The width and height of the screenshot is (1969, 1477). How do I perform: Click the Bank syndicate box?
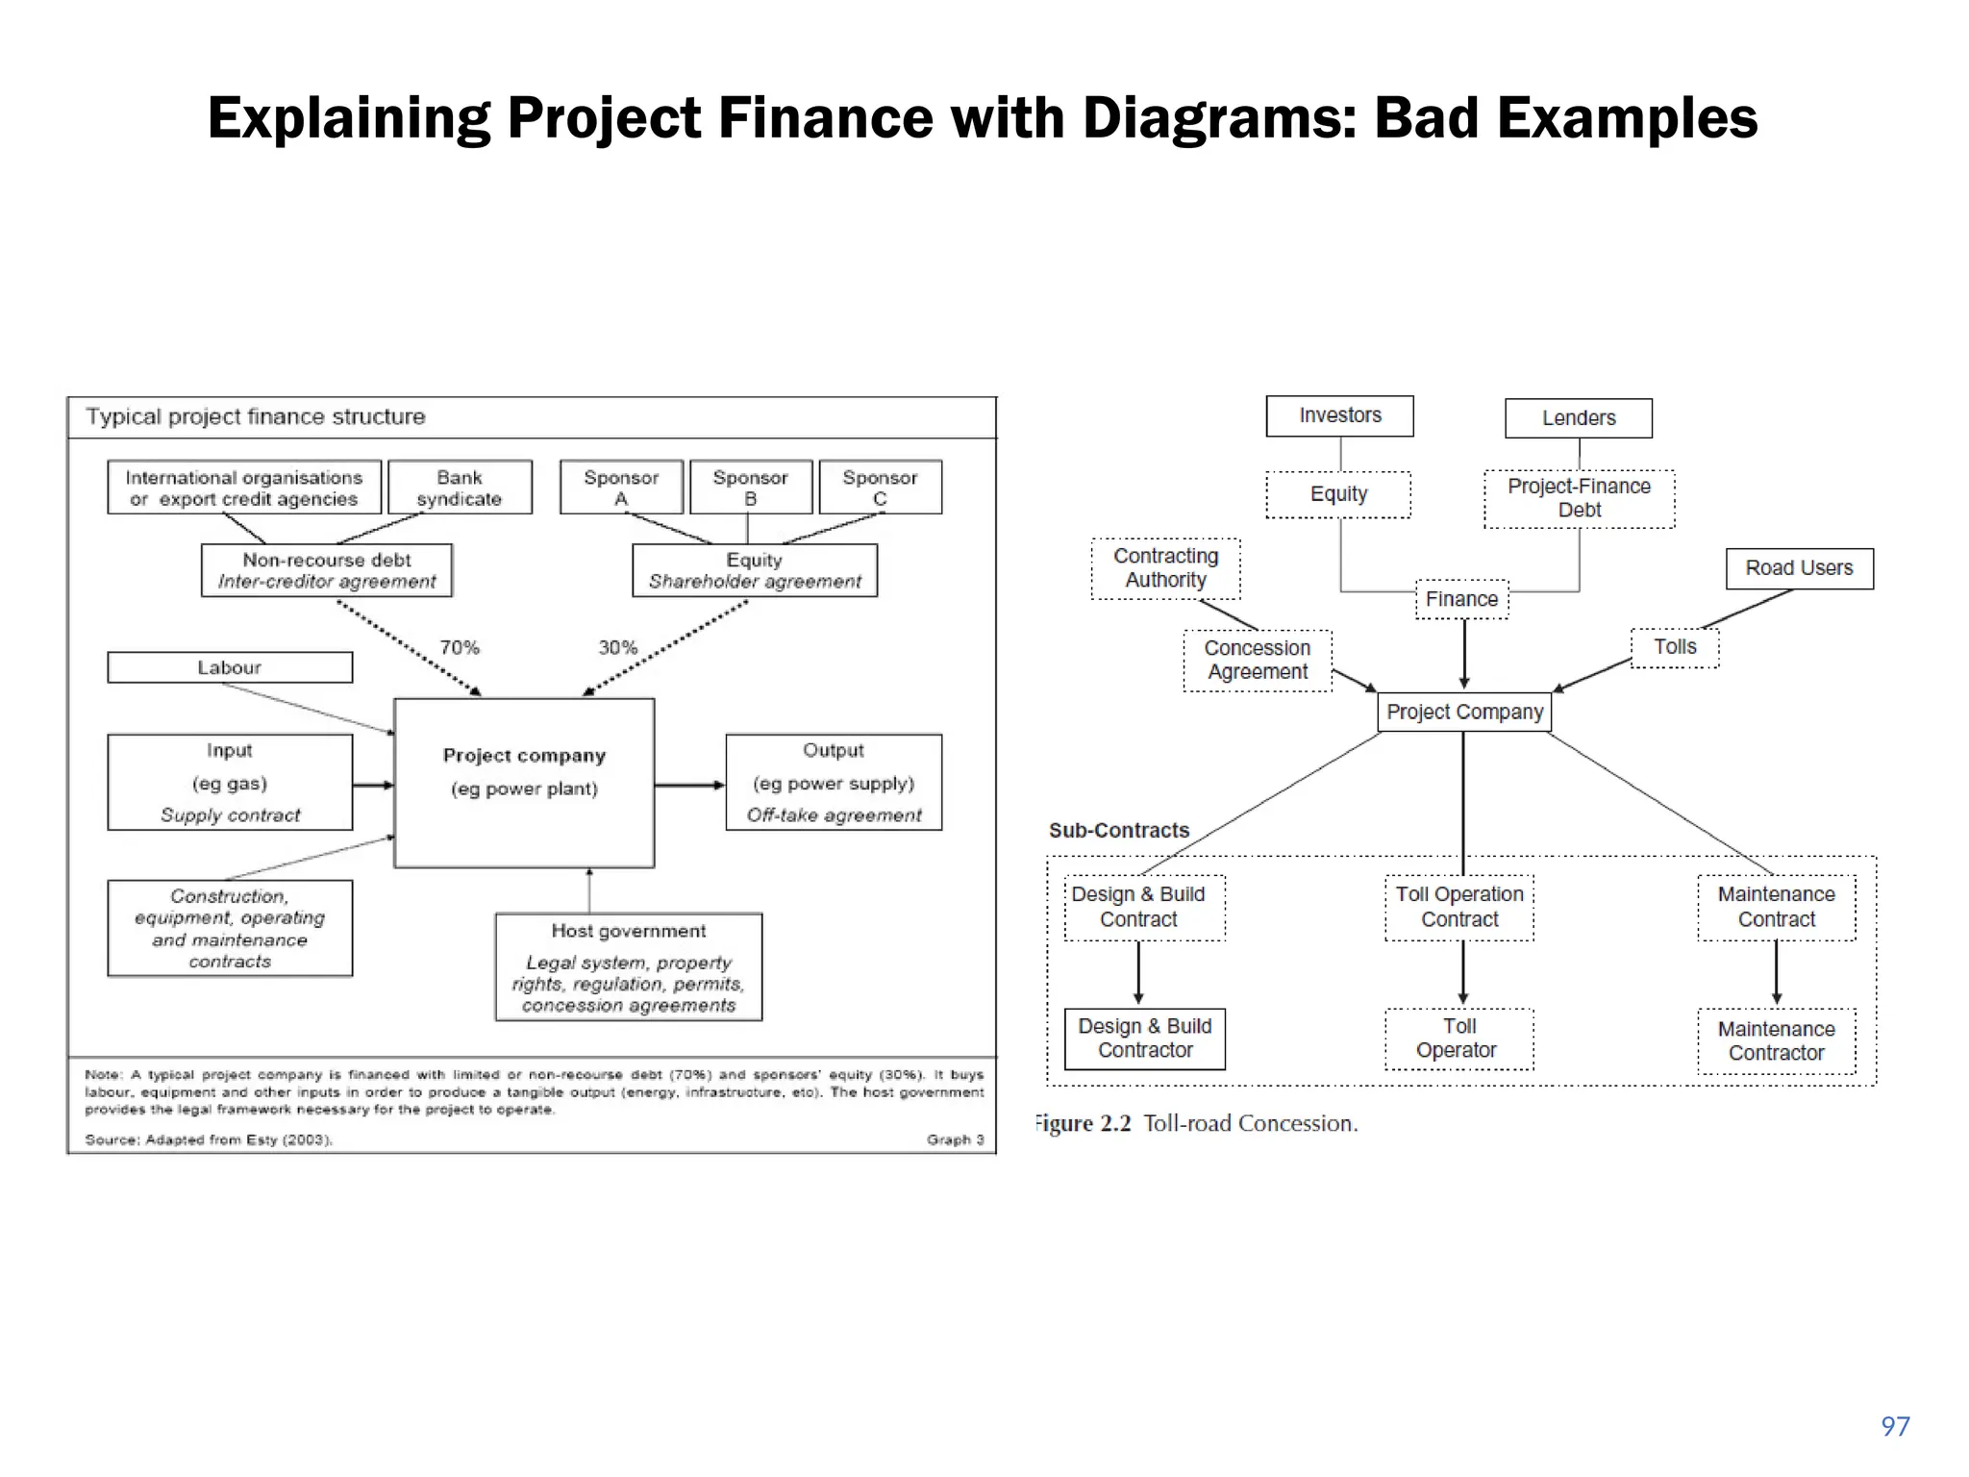(x=460, y=488)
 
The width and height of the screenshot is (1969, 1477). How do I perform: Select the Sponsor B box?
(x=751, y=488)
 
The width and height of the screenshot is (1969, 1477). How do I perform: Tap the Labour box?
(x=230, y=667)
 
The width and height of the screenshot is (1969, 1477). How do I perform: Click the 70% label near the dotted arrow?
(x=460, y=647)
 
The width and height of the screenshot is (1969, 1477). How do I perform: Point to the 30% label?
(x=618, y=647)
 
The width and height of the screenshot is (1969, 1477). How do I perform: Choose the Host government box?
(x=629, y=967)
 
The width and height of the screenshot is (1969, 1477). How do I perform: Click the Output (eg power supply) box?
(x=834, y=783)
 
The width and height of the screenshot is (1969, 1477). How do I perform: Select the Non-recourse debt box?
(x=327, y=570)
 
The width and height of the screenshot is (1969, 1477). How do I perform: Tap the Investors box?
(x=1340, y=415)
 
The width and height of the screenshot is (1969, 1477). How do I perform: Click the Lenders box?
(x=1579, y=418)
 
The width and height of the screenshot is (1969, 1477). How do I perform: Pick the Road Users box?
(x=1799, y=568)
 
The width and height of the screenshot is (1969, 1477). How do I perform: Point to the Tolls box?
(x=1675, y=647)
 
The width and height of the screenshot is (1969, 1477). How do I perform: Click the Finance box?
(x=1461, y=599)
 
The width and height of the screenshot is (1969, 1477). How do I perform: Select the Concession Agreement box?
(x=1258, y=660)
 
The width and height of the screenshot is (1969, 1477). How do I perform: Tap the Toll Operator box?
(x=1458, y=1039)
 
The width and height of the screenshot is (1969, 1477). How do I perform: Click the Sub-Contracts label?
(x=1119, y=830)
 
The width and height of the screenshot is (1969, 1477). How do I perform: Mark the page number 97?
(x=1895, y=1426)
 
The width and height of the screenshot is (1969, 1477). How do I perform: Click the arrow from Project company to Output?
(x=689, y=786)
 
